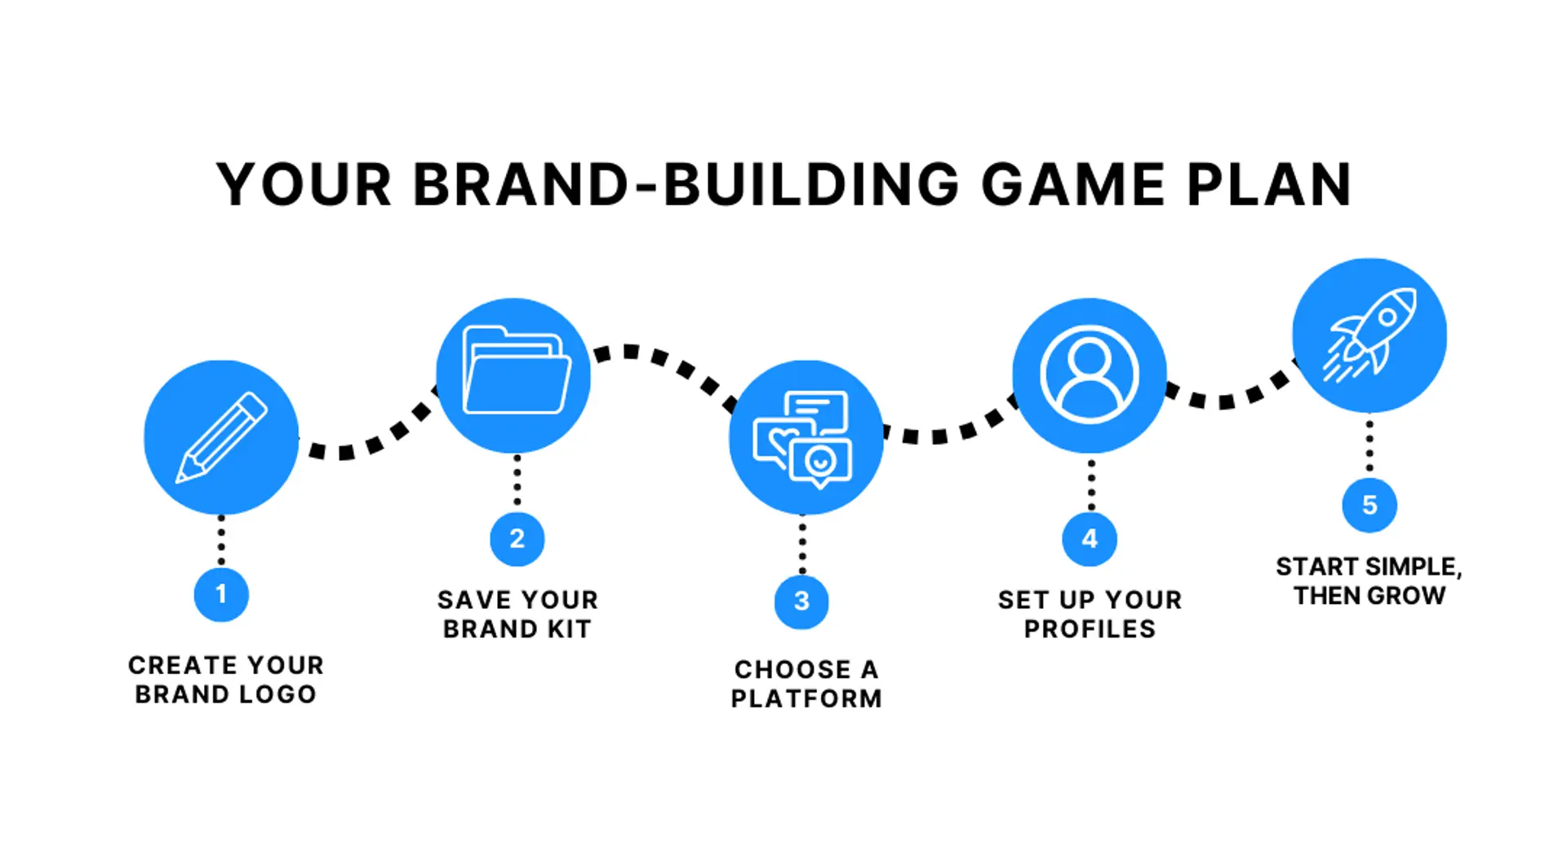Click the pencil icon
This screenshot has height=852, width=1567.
pos(221,437)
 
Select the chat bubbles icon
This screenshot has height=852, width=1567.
pos(803,439)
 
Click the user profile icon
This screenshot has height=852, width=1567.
pos(1090,374)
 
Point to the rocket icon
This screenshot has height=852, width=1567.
pos(1369,335)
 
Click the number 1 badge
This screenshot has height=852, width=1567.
pos(221,594)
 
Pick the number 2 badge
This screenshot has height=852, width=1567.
pos(517,539)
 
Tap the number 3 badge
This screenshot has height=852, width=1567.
pos(801,601)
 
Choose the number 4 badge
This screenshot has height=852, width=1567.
pos(1090,539)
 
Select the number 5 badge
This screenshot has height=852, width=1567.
pos(1369,505)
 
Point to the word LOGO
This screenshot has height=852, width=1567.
pos(276,694)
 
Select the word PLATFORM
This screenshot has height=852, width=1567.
pos(806,699)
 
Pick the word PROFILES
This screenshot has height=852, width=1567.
pos(1090,629)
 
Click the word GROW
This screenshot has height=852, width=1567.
pos(1408,596)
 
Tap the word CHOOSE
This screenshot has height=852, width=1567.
pos(792,670)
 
